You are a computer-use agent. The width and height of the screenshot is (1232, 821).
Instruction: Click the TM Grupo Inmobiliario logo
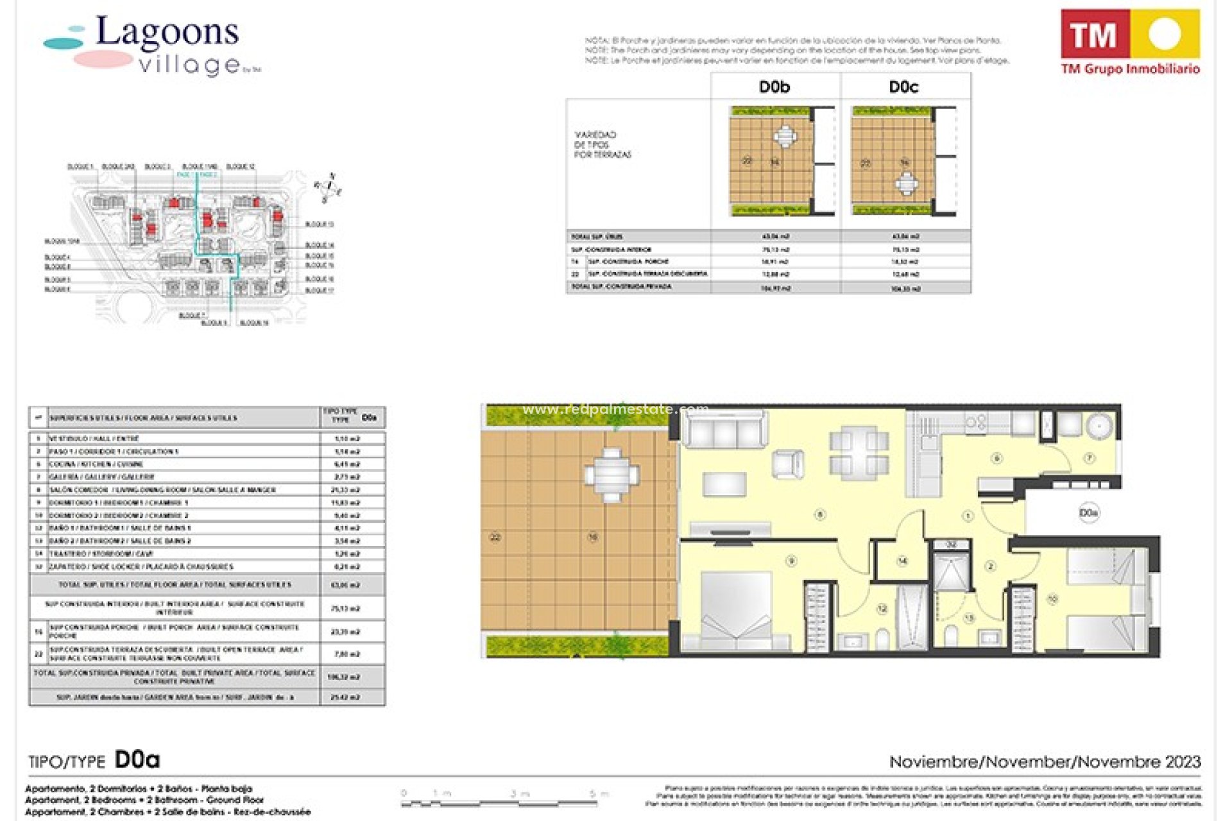(1130, 42)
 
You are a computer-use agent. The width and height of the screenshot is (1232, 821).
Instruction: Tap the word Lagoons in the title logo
(167, 32)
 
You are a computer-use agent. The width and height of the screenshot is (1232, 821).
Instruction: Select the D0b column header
(774, 87)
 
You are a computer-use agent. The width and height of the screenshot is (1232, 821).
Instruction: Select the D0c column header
(903, 87)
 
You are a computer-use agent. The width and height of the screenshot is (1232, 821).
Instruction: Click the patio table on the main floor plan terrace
(612, 475)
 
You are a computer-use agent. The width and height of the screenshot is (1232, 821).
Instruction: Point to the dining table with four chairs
(859, 452)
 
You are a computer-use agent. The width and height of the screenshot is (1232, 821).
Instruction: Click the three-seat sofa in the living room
(724, 431)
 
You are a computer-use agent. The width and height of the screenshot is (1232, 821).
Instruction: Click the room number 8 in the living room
(819, 514)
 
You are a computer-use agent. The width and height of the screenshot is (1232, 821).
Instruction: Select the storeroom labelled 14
(902, 561)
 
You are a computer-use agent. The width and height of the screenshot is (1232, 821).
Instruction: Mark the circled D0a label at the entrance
(1088, 513)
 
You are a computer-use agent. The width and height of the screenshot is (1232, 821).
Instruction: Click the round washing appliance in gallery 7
(1100, 426)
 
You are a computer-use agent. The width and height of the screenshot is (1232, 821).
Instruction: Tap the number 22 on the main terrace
(495, 537)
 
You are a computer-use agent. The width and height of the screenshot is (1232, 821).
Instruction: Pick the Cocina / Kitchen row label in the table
(96, 464)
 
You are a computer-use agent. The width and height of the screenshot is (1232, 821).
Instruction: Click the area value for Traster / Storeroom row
(347, 554)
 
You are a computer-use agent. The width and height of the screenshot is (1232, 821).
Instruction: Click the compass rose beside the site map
(329, 187)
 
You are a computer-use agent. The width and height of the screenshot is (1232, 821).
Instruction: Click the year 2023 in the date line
(1183, 762)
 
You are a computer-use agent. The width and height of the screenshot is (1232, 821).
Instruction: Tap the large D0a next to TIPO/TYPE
(137, 760)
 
